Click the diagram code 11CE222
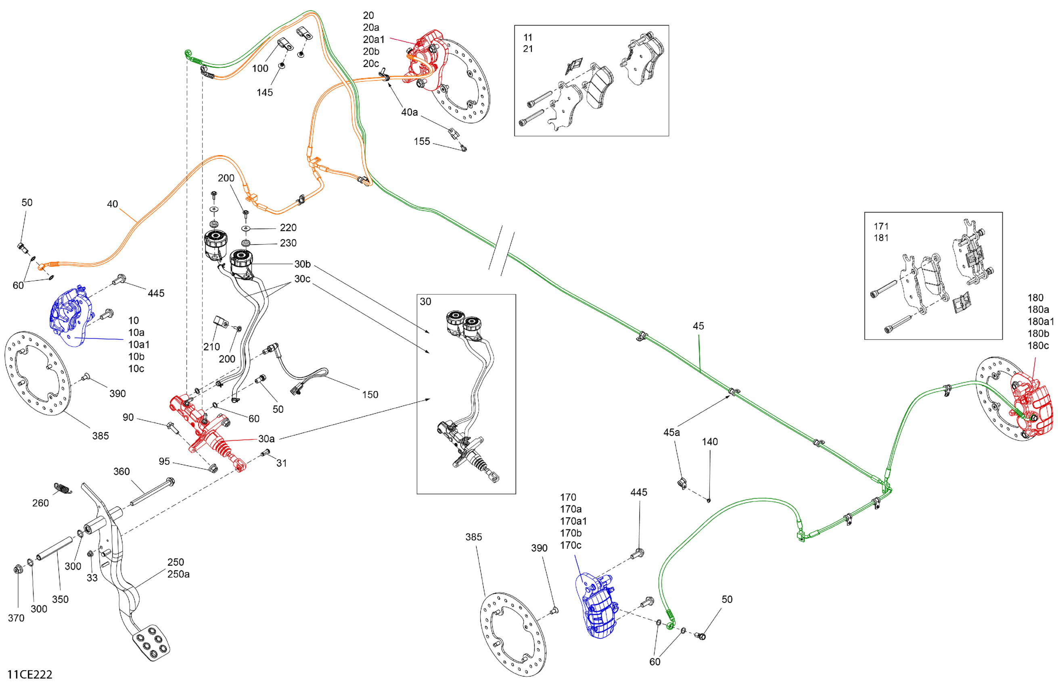coord(29,674)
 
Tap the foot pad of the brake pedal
coord(151,642)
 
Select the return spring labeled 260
coord(63,488)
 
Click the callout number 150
coord(370,394)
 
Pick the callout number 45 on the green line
coord(698,326)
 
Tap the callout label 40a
coord(409,112)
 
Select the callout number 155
coord(421,141)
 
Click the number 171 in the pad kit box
coord(880,226)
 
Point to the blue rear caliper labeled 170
coord(598,604)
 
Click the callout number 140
coord(709,441)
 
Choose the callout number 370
coord(16,617)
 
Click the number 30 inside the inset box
coord(425,301)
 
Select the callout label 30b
coord(302,264)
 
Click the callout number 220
coord(288,228)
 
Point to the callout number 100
coord(260,69)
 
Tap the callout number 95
coord(164,462)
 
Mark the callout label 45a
coord(671,432)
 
